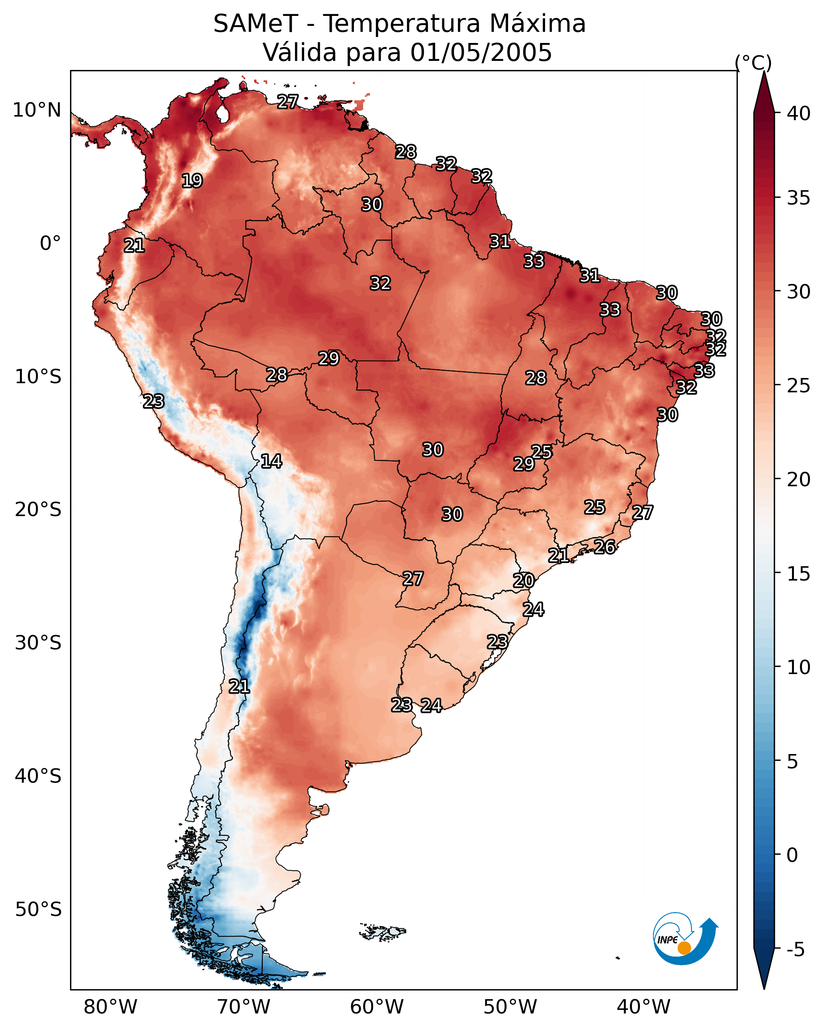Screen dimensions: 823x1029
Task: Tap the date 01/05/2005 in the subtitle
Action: [481, 53]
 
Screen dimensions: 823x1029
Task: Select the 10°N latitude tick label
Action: [37, 110]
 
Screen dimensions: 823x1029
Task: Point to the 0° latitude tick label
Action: [51, 244]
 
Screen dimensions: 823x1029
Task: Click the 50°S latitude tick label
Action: [38, 910]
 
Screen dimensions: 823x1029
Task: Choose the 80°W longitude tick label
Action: [110, 1007]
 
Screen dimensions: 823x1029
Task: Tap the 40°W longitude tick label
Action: [643, 1007]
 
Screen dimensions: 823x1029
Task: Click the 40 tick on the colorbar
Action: [799, 113]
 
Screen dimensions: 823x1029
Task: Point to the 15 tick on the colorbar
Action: [799, 574]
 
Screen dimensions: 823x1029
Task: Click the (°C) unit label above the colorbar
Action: [753, 62]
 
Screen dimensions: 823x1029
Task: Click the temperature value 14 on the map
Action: [271, 461]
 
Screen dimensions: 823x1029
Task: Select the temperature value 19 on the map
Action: [192, 181]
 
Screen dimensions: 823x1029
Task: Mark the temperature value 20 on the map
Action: [524, 581]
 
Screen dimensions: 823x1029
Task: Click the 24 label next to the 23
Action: [431, 705]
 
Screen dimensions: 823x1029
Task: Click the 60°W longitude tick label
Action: [377, 1007]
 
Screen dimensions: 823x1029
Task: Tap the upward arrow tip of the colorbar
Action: [764, 71]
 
